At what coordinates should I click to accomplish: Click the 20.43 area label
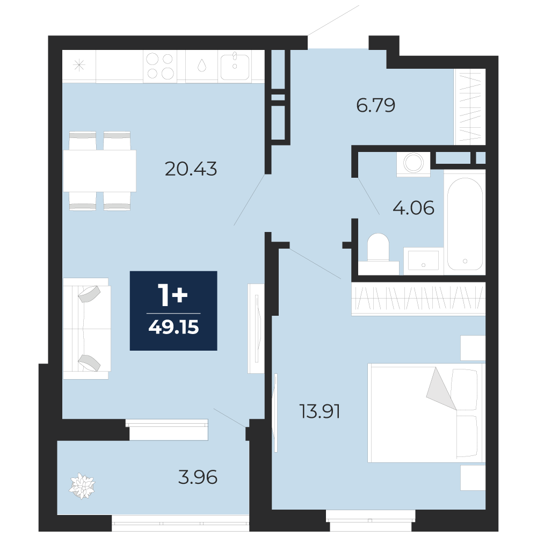coord(191,169)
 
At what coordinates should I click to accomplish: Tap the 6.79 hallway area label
coord(376,105)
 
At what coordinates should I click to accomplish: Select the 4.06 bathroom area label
coord(413,208)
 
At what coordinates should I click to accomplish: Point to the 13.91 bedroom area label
coord(320,411)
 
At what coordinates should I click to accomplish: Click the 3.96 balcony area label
coord(198,477)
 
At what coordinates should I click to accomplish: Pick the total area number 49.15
coord(173,327)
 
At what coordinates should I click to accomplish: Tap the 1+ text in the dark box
coord(172,295)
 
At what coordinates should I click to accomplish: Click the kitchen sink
coord(235,66)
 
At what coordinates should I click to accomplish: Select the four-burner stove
coord(160,66)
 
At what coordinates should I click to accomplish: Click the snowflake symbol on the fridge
coord(79,65)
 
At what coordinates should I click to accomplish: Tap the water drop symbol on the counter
coord(202,65)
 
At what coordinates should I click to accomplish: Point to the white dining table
coord(99,171)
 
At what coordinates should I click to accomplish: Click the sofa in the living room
coord(86,329)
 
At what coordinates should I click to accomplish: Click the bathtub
coord(465,224)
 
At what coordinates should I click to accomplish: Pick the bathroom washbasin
coord(423,261)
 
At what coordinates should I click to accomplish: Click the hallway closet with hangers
coord(469,106)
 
